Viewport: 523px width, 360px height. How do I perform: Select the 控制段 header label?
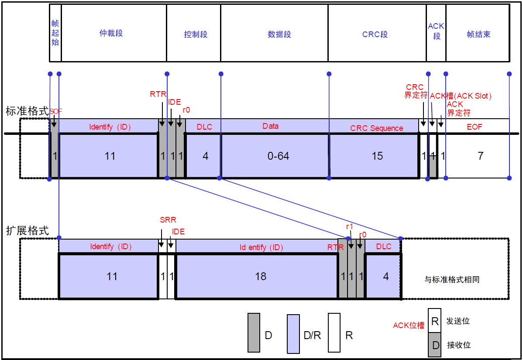196,34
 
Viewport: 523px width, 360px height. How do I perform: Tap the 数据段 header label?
279,34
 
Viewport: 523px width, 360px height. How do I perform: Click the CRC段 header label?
375,34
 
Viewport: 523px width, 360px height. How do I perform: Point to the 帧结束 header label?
478,34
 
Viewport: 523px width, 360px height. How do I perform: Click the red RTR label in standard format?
158,94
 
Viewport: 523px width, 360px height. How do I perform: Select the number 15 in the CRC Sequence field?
377,156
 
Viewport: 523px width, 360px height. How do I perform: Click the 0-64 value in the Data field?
278,156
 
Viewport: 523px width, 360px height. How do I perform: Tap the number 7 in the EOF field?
480,156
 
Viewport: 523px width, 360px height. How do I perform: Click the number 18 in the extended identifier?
261,276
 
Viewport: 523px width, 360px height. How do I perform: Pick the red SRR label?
168,220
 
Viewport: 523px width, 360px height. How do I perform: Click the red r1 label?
349,226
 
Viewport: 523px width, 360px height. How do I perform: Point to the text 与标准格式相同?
452,279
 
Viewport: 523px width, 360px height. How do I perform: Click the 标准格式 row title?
27,111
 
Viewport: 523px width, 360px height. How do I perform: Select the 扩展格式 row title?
27,231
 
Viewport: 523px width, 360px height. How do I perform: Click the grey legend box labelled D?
254,333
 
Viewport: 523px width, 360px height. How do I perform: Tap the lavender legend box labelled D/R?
293,334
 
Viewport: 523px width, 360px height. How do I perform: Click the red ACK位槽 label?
409,326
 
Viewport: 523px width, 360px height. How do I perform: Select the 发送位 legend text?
458,321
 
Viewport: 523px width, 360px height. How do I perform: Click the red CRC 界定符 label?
415,91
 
